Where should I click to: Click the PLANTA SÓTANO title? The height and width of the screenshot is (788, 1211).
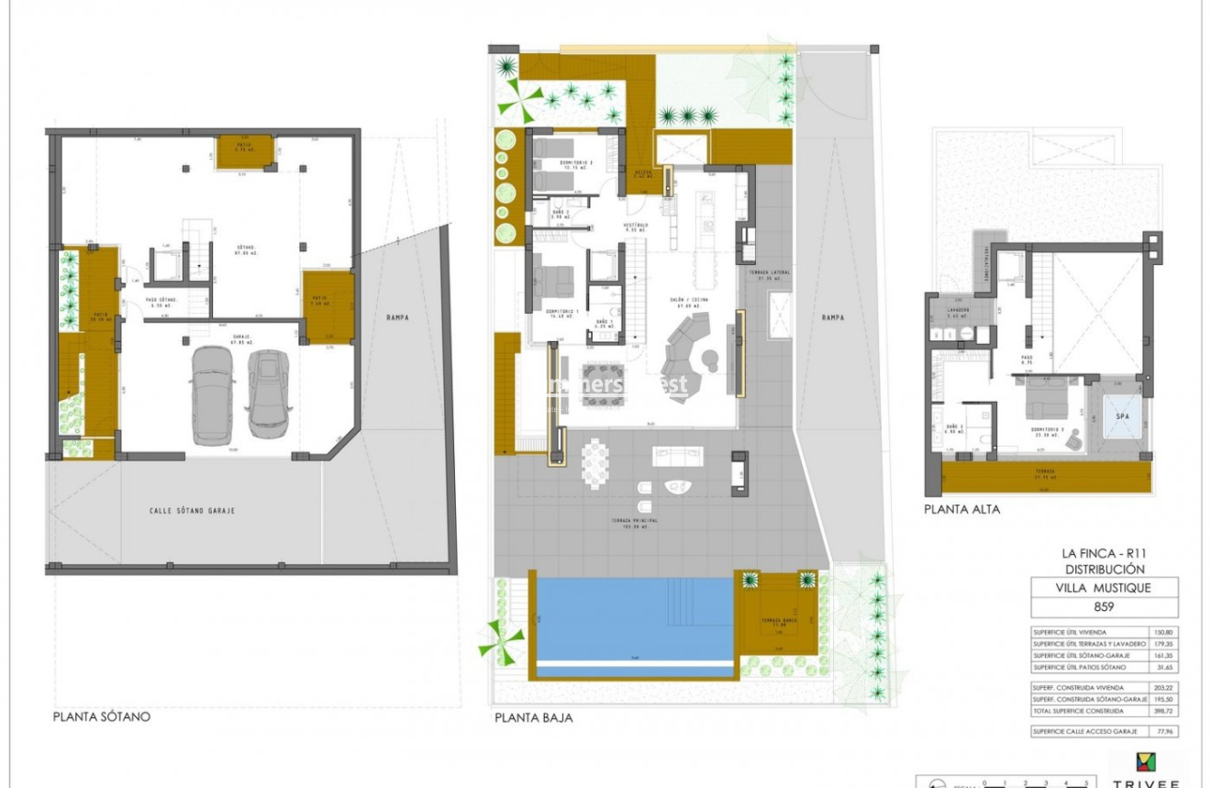tap(101, 717)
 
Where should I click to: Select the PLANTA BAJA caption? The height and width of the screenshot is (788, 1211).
tap(533, 718)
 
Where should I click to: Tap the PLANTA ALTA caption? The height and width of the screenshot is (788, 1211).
tap(961, 509)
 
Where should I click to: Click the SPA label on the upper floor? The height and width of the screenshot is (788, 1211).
tap(1122, 416)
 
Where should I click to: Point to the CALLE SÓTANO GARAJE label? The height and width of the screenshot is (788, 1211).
tap(191, 510)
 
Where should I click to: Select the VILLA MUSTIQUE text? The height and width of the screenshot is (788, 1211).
tap(1104, 588)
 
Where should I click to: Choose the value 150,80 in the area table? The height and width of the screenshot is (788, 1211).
tap(1163, 632)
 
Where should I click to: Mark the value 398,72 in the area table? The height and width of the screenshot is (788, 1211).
tap(1163, 711)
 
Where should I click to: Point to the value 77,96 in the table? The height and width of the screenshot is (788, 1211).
tap(1163, 731)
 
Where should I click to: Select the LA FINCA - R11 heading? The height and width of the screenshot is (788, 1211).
tap(1103, 553)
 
